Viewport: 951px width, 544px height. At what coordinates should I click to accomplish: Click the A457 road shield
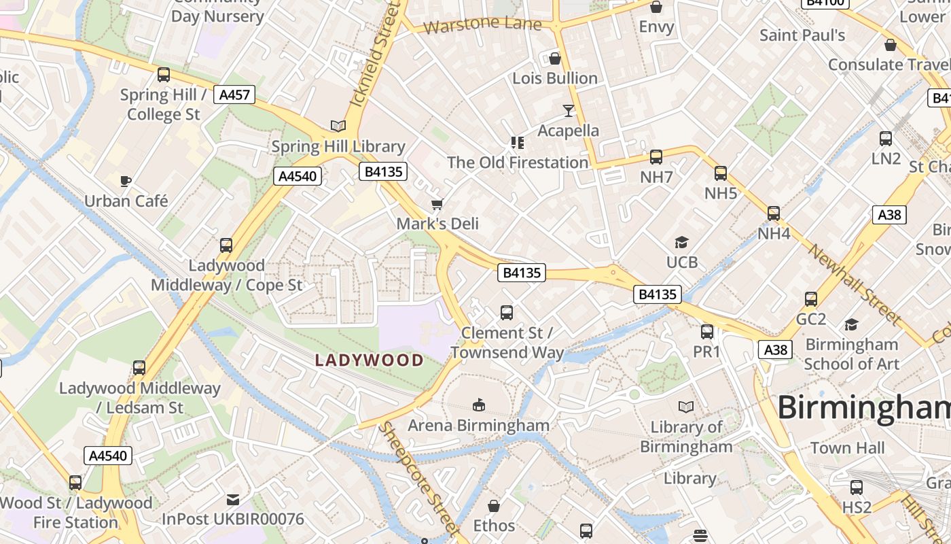235,95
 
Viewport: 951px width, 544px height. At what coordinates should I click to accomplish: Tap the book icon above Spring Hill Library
338,126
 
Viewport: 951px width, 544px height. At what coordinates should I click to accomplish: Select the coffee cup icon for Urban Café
126,181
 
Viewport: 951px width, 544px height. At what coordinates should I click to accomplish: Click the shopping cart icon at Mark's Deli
437,204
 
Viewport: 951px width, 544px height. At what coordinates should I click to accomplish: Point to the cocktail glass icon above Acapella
569,110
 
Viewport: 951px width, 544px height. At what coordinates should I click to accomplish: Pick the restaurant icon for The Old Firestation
518,143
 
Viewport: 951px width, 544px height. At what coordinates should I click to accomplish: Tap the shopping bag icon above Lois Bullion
555,58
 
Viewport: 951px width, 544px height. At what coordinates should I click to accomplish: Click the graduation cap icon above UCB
681,242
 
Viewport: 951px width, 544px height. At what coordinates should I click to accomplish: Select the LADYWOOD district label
370,360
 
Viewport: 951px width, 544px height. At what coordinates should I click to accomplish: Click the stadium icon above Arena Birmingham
479,405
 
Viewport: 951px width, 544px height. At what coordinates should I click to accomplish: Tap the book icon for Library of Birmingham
687,407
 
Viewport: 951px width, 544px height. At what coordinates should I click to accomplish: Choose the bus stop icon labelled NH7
656,157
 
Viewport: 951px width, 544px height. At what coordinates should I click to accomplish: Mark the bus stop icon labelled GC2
810,299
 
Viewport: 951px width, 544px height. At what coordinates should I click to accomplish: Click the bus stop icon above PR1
707,332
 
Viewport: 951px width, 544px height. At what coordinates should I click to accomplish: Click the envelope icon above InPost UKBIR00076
233,500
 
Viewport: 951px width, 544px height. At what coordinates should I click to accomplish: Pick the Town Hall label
847,448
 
